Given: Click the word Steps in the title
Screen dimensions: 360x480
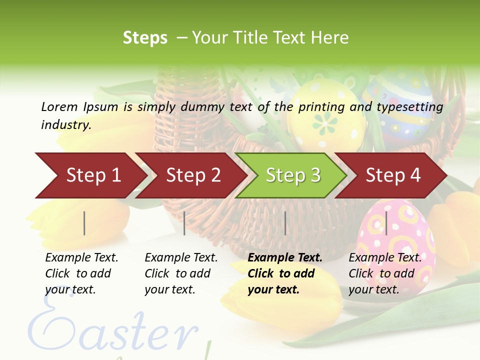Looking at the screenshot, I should (145, 38).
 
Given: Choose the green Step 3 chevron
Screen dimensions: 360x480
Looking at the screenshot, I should (293, 175).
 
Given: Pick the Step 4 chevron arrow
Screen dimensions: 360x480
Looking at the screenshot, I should (393, 175).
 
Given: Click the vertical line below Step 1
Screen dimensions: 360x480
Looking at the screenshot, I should (84, 223).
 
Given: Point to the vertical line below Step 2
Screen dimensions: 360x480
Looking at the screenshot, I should (184, 223).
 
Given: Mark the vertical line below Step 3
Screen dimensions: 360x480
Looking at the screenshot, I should (285, 223).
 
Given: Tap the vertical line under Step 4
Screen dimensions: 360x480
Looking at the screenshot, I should (386, 223).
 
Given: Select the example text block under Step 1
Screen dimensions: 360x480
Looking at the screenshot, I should (81, 273).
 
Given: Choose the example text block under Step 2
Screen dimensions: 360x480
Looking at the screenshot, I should (181, 273).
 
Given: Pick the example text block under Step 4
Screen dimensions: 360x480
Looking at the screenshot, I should (385, 273).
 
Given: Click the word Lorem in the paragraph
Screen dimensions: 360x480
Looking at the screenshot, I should (59, 106).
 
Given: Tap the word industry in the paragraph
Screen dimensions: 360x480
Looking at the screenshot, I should (65, 125).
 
